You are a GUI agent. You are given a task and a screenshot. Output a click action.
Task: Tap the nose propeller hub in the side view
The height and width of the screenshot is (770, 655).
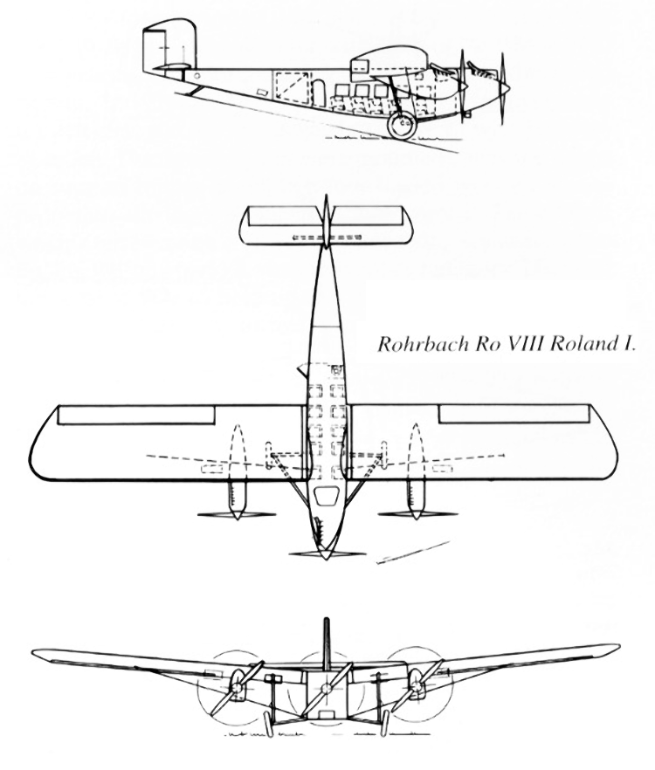coord(505,88)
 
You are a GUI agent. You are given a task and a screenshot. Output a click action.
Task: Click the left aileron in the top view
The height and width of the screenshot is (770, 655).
coord(136,414)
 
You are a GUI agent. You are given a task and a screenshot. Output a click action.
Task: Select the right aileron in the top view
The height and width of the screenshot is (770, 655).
coord(514,414)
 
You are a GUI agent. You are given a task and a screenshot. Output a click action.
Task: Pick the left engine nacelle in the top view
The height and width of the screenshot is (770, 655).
coord(237,498)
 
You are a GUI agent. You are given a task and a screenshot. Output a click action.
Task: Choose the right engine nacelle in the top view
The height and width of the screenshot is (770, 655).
coord(417,498)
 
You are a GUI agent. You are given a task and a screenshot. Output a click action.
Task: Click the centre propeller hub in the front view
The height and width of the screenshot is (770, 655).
coord(325,687)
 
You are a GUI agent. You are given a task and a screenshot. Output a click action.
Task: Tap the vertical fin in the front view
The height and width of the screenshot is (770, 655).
coord(325,642)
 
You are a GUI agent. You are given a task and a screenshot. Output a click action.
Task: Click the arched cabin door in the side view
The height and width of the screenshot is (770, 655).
coord(319,93)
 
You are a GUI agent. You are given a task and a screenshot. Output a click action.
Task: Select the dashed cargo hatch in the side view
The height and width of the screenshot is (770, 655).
coord(293,87)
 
